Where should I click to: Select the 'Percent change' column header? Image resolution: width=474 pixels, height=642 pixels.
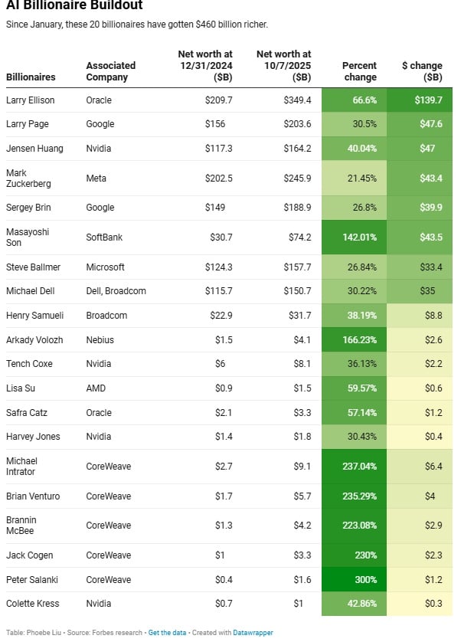[359, 71]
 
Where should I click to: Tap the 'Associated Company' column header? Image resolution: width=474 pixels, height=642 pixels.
[110, 71]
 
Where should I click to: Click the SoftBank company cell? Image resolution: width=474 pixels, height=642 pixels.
[104, 237]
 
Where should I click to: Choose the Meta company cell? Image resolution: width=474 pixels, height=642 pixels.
[96, 179]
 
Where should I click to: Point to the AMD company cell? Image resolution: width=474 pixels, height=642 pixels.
[96, 388]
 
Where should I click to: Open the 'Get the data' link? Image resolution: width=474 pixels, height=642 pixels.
[165, 633]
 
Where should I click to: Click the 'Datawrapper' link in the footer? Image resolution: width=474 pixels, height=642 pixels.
[253, 633]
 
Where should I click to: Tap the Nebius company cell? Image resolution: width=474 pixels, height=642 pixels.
[100, 339]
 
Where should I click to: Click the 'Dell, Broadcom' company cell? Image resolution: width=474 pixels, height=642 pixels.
[116, 291]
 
